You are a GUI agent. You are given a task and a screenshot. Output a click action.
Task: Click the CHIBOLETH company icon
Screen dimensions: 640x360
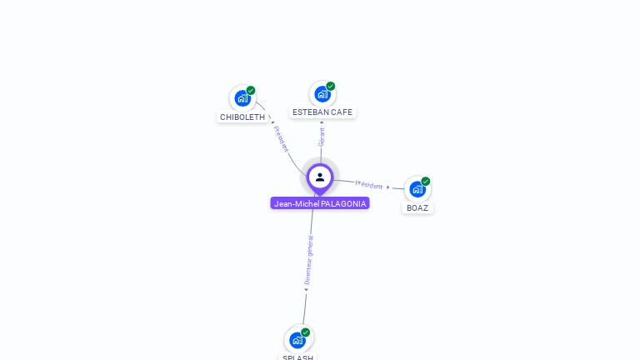242,98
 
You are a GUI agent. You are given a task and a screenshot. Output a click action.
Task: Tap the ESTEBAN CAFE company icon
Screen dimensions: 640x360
322,94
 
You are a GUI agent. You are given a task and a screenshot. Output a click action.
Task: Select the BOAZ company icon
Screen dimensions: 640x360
417,189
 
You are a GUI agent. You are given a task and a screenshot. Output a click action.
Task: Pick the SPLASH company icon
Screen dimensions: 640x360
297,340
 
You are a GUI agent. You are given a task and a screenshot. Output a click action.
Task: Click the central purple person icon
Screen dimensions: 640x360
320,177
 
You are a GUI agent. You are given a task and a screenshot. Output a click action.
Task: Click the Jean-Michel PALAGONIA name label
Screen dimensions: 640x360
320,203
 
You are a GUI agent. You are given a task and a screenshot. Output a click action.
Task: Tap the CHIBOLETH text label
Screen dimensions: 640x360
242,117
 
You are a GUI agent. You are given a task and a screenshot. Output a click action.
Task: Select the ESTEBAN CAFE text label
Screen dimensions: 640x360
322,112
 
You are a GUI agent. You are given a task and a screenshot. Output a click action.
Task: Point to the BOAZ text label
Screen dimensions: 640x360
417,208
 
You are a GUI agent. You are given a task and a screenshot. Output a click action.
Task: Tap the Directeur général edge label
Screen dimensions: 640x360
308,261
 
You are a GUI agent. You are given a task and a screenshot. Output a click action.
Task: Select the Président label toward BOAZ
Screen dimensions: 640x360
369,184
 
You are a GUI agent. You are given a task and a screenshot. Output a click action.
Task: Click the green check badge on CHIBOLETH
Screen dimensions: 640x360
251,90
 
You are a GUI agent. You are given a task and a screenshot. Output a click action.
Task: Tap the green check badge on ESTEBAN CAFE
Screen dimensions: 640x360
331,86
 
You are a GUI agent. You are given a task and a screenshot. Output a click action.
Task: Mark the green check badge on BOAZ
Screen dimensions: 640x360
426,181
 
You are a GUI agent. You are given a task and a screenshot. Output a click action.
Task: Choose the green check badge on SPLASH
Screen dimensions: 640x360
306,332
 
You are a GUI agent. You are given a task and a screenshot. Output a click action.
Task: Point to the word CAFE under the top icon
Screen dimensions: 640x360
342,112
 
